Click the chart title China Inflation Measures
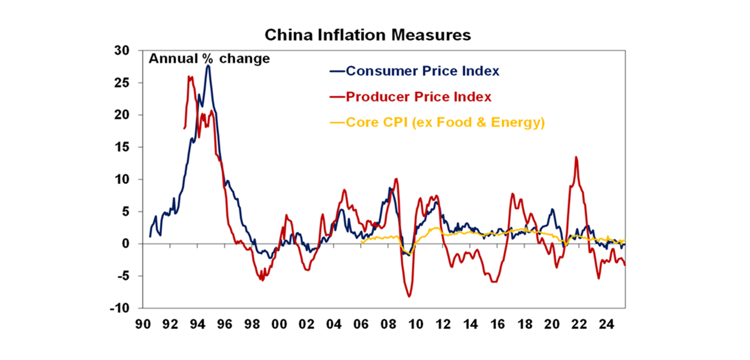(368, 35)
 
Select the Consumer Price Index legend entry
(422, 71)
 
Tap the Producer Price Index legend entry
(418, 97)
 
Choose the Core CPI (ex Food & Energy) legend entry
(445, 122)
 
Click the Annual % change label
(209, 59)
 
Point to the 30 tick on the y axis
(122, 51)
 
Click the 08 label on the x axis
(388, 324)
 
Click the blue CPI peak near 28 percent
(208, 65)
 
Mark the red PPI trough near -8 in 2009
(409, 296)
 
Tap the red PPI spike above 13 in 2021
(576, 157)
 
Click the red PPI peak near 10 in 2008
(396, 179)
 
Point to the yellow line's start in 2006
(361, 241)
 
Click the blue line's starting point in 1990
(150, 237)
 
